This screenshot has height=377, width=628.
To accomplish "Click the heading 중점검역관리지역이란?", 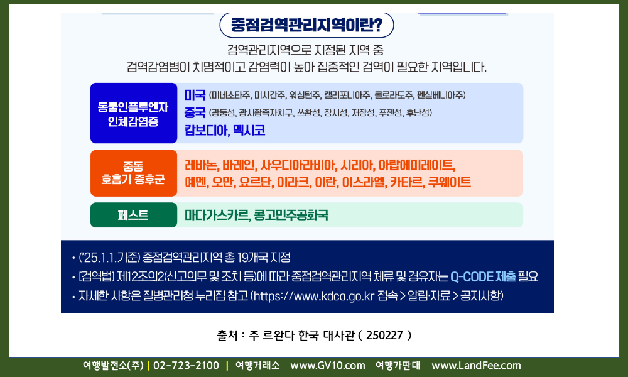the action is tap(306, 25).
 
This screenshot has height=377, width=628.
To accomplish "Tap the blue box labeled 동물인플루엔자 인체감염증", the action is tap(134, 113).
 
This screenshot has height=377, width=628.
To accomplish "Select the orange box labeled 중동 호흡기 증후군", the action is tap(134, 173).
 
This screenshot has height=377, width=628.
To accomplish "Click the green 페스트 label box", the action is tap(134, 215).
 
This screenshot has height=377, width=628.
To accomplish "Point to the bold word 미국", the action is tap(195, 95).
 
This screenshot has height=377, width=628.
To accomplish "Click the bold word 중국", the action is tap(195, 112).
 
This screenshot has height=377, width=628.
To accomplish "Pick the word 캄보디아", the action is tap(205, 130).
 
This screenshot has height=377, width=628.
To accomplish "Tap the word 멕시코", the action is tap(249, 130).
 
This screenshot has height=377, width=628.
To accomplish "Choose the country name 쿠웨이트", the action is tap(450, 182).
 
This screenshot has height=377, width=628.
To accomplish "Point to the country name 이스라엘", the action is tap(364, 182).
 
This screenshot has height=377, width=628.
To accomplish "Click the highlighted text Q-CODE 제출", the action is tap(483, 276).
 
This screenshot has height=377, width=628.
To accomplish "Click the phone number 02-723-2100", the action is tap(187, 366).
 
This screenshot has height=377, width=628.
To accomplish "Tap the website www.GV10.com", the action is tap(328, 366).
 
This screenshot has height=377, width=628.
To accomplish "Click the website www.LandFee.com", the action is tap(476, 366).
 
